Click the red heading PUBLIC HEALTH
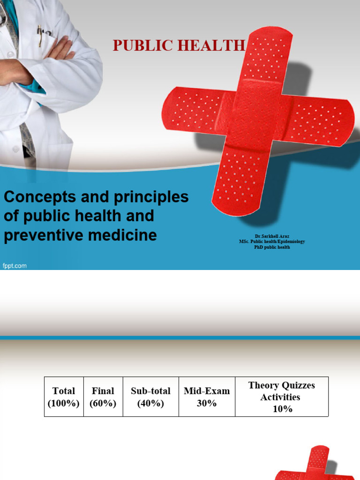[x=179, y=45]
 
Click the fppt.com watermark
[x=15, y=266]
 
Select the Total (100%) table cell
[x=64, y=397]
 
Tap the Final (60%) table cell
[x=103, y=397]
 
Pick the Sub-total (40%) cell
[x=150, y=397]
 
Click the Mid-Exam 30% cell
[x=207, y=397]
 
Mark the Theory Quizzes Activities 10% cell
[x=281, y=397]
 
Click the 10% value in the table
[x=282, y=409]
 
